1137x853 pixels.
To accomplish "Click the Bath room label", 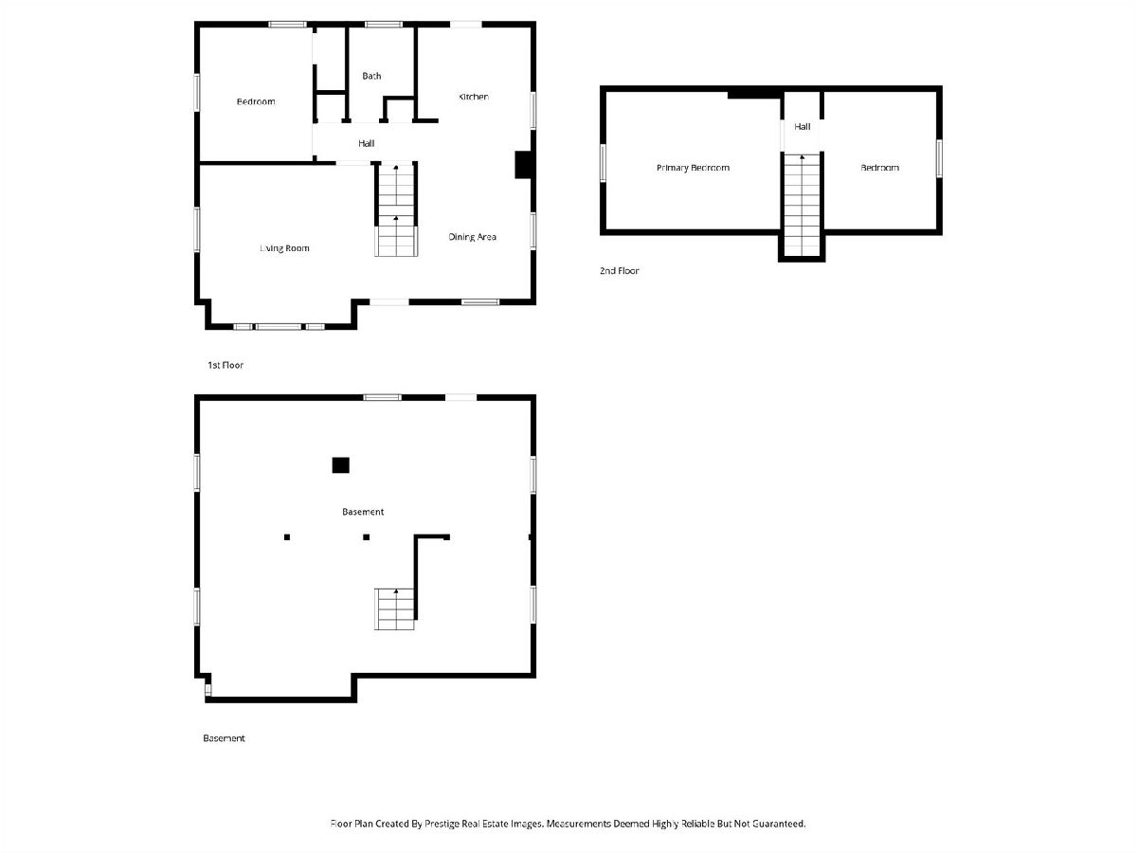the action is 371,76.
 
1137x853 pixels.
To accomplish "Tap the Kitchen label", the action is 474,97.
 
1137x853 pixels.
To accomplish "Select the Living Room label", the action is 284,248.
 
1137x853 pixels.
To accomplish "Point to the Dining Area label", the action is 472,237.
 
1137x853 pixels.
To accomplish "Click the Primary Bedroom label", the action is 693,168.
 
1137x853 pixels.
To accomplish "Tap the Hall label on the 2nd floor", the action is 802,126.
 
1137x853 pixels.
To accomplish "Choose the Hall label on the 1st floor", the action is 367,143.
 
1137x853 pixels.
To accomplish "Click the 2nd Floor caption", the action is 619,271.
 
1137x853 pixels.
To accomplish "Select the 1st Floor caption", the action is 226,365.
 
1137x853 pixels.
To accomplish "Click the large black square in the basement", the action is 340,465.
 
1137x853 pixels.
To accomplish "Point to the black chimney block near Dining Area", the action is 523,165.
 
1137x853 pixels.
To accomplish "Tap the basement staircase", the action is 395,608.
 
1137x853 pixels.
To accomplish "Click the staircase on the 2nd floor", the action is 802,205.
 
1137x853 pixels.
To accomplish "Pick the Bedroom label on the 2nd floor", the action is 879,168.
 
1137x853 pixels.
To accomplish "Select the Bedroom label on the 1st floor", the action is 256,102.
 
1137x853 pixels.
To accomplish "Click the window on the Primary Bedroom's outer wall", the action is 603,163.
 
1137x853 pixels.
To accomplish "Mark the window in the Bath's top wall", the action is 384,25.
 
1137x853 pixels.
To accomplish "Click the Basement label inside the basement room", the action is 363,512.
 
